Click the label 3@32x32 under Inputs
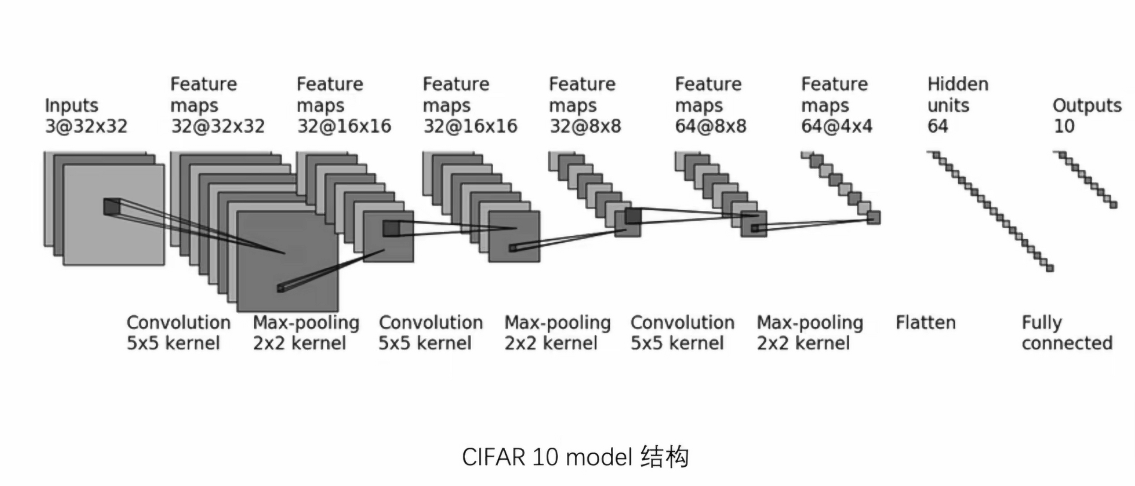(86, 126)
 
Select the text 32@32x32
(218, 126)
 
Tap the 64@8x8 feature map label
(711, 126)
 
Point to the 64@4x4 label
(837, 126)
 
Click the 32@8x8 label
(585, 126)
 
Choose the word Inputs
(71, 105)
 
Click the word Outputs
(1087, 105)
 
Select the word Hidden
(958, 84)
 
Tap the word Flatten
(925, 322)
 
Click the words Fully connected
(1067, 333)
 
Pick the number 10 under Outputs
(1064, 126)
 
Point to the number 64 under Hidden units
(938, 126)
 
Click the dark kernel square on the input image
(111, 206)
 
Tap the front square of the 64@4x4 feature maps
(874, 218)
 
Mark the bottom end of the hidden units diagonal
(1049, 268)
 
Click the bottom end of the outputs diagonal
(1113, 205)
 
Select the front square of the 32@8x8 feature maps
(627, 223)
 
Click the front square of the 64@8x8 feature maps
(753, 224)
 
